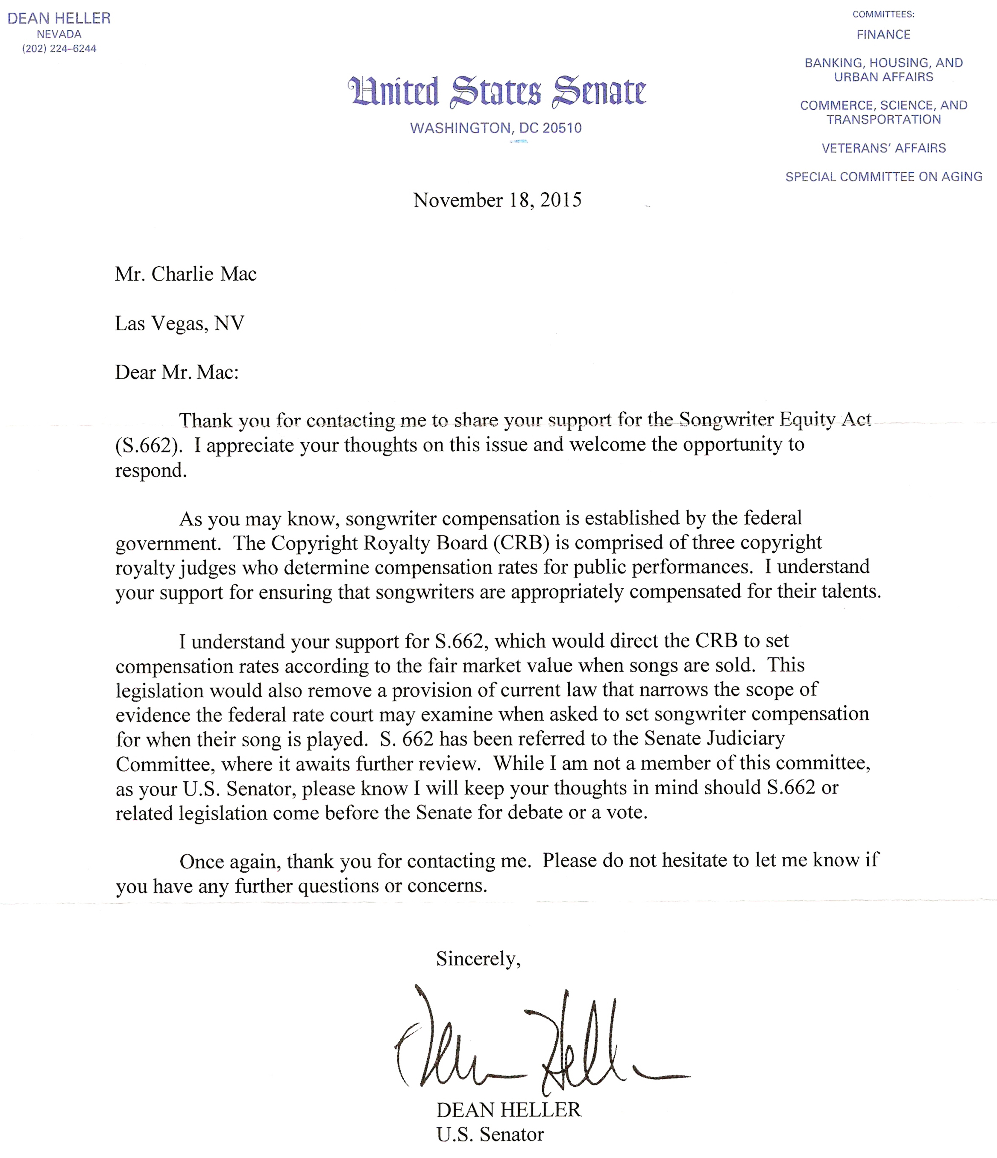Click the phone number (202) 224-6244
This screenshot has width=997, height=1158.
click(x=59, y=49)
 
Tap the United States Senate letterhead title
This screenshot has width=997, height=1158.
click(x=496, y=92)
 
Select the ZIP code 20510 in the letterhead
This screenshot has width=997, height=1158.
click(x=562, y=128)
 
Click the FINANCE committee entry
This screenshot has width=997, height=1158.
click(x=883, y=35)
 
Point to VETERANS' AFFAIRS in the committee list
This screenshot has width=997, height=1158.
click(x=883, y=148)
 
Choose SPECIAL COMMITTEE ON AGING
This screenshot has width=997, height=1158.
click(x=883, y=176)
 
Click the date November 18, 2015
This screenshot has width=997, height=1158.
click(x=497, y=200)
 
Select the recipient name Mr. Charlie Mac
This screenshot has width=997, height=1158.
click(x=185, y=274)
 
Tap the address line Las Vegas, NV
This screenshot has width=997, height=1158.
click(x=179, y=323)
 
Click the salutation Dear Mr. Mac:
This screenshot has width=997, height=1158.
click(x=176, y=372)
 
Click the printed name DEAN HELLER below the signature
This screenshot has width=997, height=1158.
click(x=509, y=1109)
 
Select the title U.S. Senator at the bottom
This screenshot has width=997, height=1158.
click(x=490, y=1134)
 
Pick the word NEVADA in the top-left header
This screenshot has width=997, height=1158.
click(x=59, y=34)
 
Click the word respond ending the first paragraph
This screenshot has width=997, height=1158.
click(x=150, y=471)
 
